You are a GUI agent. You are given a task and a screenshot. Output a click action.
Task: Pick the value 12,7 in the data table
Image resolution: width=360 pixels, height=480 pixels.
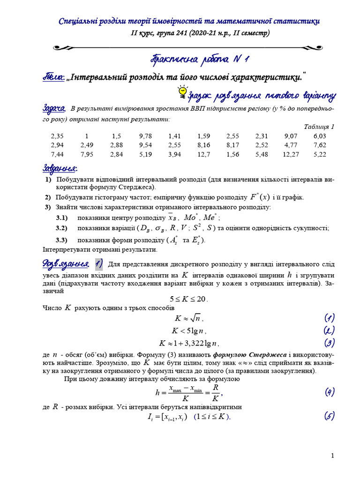pyautogui.click(x=204, y=154)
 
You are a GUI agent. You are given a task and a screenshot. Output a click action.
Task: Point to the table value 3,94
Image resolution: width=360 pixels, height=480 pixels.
pyautogui.click(x=174, y=154)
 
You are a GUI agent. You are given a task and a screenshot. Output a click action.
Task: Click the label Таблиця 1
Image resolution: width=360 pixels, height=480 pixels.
pyautogui.click(x=319, y=127)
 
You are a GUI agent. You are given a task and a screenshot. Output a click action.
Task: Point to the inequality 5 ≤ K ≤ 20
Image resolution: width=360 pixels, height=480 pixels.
pyautogui.click(x=188, y=299)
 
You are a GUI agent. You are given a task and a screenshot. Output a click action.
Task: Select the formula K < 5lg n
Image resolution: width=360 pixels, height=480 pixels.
pyautogui.click(x=189, y=330)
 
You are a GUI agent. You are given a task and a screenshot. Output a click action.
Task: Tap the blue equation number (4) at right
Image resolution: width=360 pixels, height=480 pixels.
pyautogui.click(x=330, y=392)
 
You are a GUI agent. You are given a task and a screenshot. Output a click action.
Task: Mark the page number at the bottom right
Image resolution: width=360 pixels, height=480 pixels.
pyautogui.click(x=332, y=456)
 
